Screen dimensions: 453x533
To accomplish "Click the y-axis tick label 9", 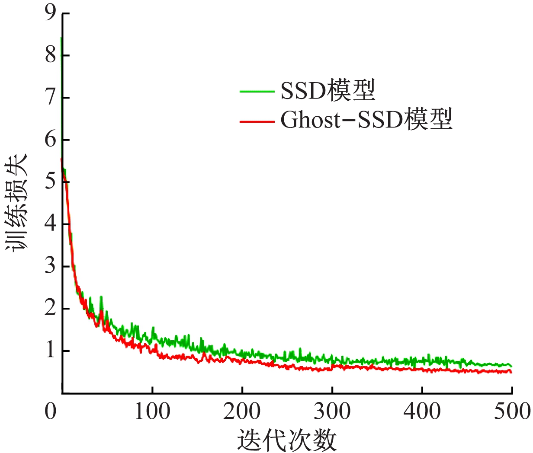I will pyautogui.click(x=51, y=14).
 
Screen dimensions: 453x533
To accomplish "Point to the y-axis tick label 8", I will pyautogui.click(x=51, y=55).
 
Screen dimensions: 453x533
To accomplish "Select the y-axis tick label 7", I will pyautogui.click(x=51, y=98).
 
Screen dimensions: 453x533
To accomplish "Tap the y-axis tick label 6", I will pyautogui.click(x=51, y=140).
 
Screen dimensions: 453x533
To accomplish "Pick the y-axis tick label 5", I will pyautogui.click(x=51, y=182).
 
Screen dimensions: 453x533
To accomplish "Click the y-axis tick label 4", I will pyautogui.click(x=51, y=224).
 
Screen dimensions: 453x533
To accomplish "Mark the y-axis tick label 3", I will pyautogui.click(x=51, y=266).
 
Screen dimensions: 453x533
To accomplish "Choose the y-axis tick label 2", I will pyautogui.click(x=51, y=308).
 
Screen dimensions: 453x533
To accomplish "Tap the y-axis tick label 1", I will pyautogui.click(x=51, y=351).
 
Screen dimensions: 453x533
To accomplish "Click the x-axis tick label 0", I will pyautogui.click(x=51, y=412).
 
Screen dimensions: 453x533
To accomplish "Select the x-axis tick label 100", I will pyautogui.click(x=152, y=412).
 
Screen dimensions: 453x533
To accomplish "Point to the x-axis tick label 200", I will pyautogui.click(x=242, y=412).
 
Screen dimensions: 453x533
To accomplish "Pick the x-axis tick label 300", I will pyautogui.click(x=332, y=412).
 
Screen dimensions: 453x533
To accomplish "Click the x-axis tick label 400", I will pyautogui.click(x=422, y=412).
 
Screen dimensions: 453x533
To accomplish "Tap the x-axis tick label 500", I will pyautogui.click(x=512, y=412).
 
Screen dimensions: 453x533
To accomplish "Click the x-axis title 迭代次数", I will pyautogui.click(x=287, y=440).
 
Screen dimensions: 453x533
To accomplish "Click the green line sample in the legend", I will pyautogui.click(x=257, y=92).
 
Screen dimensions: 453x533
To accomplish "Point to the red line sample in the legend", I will pyautogui.click(x=257, y=121).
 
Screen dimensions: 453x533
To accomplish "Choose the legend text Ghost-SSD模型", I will pyautogui.click(x=366, y=120).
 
